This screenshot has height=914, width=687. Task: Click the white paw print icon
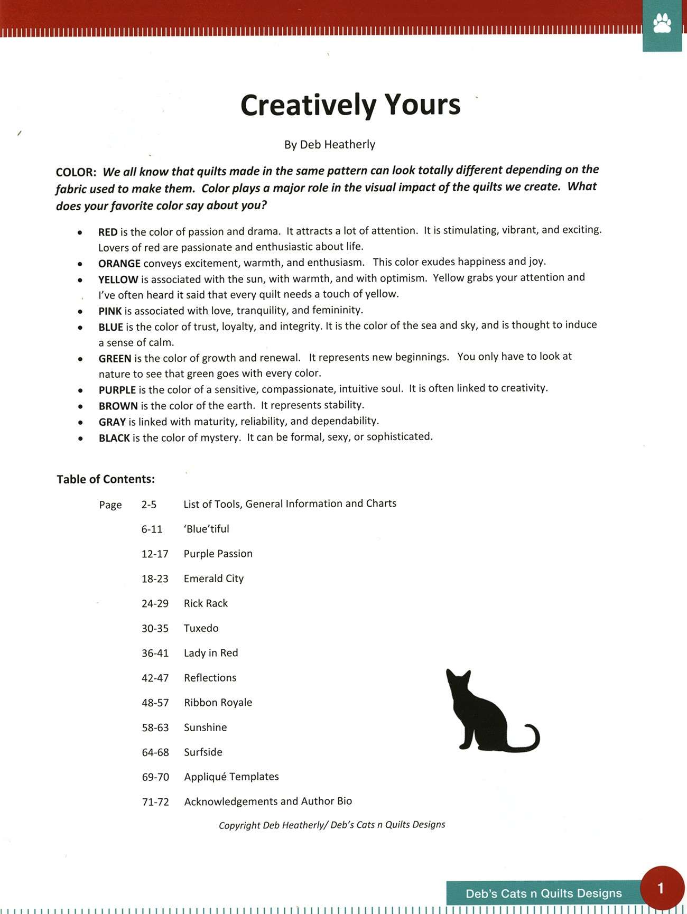(x=662, y=24)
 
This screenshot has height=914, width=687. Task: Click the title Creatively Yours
(x=350, y=105)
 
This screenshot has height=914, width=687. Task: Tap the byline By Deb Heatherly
(x=330, y=144)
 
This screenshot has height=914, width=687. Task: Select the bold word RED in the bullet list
(x=108, y=232)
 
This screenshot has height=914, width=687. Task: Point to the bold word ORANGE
(x=119, y=263)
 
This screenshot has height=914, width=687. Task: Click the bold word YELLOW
(x=118, y=279)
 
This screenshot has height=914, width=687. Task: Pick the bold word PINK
(x=110, y=311)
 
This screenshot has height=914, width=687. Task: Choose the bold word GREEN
(x=115, y=358)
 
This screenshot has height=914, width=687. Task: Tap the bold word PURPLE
(x=117, y=390)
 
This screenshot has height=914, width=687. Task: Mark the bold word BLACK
(x=114, y=437)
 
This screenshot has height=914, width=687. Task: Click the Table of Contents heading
(x=106, y=479)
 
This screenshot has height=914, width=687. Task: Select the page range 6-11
(x=152, y=529)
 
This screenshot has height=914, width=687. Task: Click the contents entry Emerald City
(x=213, y=579)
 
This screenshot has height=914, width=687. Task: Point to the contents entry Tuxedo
(x=201, y=628)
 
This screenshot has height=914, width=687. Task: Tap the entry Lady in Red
(x=211, y=653)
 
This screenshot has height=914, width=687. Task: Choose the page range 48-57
(x=155, y=703)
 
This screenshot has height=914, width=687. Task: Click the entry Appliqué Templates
(x=231, y=777)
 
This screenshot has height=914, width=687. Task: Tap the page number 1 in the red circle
(x=661, y=888)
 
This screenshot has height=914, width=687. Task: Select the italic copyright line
(x=332, y=825)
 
